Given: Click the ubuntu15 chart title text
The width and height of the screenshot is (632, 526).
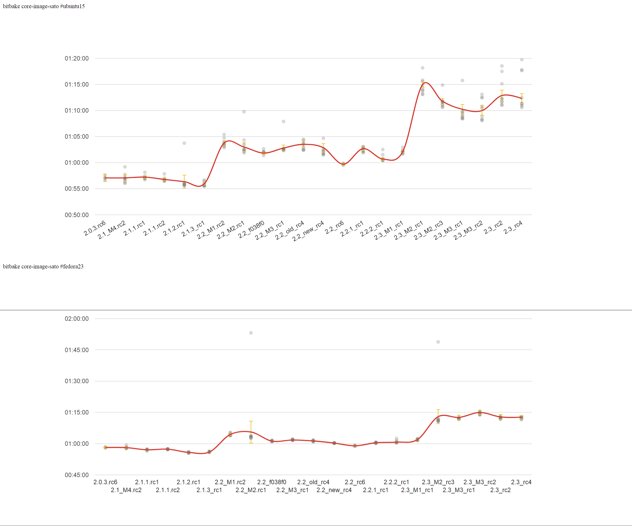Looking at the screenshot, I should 44,6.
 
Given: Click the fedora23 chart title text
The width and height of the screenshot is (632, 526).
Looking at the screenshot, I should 43,267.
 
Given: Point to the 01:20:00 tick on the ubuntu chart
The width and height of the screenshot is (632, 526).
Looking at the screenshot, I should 76,58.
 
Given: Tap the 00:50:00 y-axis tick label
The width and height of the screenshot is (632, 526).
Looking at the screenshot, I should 76,215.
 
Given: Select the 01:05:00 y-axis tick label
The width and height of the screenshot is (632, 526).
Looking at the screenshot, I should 76,137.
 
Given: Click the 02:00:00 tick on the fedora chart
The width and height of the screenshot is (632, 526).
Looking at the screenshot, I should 76,318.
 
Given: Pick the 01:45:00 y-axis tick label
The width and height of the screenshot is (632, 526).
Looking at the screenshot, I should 76,350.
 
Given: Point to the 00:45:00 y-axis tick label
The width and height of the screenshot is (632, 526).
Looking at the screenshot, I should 76,475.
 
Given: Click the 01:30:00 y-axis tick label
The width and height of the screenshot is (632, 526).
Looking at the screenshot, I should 76,381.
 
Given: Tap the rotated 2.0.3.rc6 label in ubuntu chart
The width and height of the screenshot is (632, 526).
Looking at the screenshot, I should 95,228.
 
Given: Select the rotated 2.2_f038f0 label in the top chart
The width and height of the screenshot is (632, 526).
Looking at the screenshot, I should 251,229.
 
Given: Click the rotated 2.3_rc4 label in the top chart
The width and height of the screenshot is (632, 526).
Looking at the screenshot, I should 513,227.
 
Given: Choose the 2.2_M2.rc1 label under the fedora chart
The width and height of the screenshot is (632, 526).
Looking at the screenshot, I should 251,490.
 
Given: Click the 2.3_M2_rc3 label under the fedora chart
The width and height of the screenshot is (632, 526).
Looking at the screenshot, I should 438,482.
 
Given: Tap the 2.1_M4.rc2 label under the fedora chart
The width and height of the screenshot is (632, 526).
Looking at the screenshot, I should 126,490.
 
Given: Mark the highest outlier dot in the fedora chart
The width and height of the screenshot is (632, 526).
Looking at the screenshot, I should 251,333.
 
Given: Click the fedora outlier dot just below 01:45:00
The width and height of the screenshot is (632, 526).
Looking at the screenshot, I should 438,342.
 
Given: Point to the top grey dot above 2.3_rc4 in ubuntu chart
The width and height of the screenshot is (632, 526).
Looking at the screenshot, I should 522,59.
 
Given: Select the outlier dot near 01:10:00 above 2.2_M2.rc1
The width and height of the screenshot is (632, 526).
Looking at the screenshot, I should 244,112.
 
